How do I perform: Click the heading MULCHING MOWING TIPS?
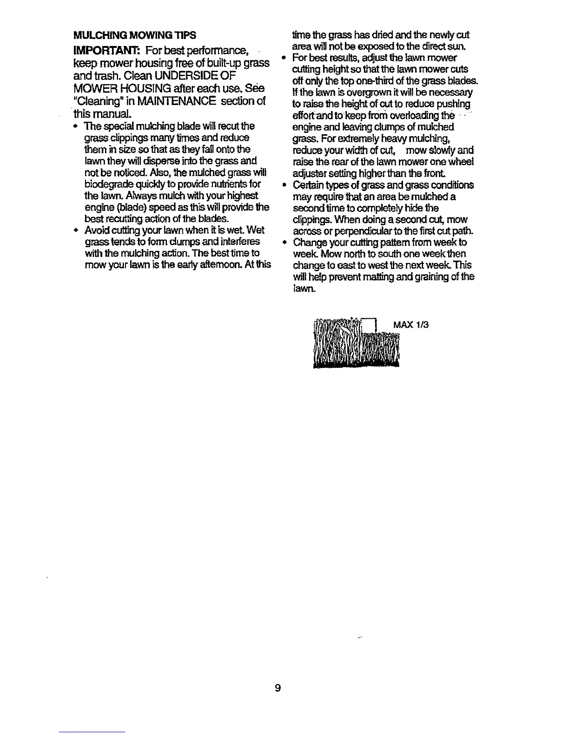134,35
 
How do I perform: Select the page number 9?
278,688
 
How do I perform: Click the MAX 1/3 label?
410,324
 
